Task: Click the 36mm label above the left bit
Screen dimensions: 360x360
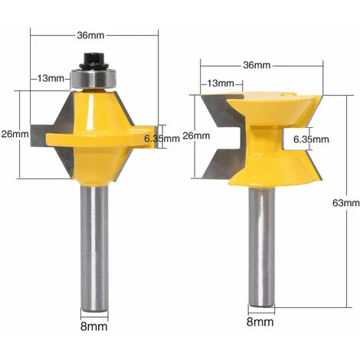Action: (x=90, y=35)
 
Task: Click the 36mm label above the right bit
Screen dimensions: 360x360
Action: (x=257, y=65)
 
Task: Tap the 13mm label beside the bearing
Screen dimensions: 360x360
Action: (x=51, y=78)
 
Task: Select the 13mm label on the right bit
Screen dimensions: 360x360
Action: (x=221, y=83)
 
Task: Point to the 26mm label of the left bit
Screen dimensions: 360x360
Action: (x=15, y=133)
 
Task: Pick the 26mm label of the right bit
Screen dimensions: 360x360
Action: (x=196, y=136)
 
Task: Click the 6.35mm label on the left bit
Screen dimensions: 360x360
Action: (x=162, y=139)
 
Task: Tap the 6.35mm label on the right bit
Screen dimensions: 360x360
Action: (x=311, y=139)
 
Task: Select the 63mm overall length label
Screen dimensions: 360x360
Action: (x=346, y=203)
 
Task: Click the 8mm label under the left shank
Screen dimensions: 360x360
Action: (x=94, y=326)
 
